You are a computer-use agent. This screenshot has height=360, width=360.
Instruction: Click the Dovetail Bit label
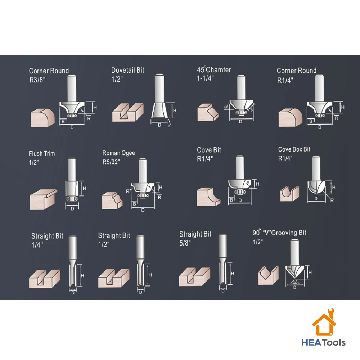(128, 70)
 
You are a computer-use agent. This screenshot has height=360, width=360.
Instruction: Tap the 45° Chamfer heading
(214, 69)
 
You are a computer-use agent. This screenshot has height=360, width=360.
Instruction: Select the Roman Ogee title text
(119, 153)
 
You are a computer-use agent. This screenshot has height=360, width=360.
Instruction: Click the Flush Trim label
(42, 153)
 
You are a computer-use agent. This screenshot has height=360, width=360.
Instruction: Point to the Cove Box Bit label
(294, 149)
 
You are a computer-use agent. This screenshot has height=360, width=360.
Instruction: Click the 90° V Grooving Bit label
(279, 233)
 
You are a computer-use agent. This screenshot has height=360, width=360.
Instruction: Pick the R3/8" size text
(37, 80)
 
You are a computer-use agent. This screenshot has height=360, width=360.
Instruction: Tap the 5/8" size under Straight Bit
(185, 243)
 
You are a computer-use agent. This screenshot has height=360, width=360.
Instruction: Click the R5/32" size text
(111, 162)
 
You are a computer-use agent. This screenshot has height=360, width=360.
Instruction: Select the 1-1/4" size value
(205, 78)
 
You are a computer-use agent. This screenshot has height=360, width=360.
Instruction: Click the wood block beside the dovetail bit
(128, 112)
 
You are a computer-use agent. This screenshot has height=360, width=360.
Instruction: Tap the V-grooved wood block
(269, 275)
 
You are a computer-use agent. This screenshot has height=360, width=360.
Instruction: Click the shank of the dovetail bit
(159, 89)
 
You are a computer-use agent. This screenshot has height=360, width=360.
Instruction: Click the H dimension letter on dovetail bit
(175, 111)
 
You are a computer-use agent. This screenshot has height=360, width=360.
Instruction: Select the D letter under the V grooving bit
(295, 287)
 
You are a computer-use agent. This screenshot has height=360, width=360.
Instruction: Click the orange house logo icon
(324, 322)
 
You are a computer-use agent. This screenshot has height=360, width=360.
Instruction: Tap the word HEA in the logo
(311, 343)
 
